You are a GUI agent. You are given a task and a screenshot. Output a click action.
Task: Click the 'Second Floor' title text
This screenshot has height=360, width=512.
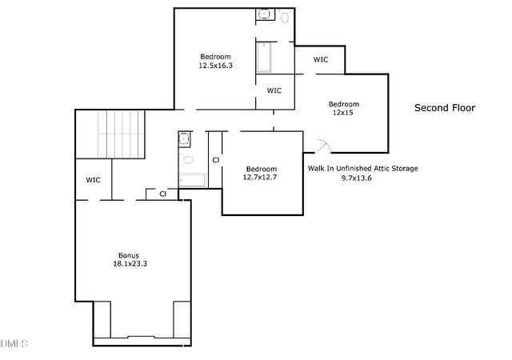click(x=444, y=107)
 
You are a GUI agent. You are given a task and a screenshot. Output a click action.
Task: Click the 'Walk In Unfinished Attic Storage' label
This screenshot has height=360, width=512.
click(x=362, y=169)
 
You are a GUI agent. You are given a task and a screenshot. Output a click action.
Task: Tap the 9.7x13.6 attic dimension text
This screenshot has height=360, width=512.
click(x=356, y=178)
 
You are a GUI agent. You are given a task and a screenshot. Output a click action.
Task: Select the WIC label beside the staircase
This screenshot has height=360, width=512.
click(x=93, y=180)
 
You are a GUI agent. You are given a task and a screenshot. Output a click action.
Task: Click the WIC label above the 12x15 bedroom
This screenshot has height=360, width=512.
click(x=320, y=59)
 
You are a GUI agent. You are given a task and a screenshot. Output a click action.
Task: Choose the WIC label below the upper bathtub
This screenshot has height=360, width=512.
click(x=274, y=90)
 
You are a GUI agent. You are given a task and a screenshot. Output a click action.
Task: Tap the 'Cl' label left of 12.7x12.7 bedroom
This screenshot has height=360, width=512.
click(x=215, y=160)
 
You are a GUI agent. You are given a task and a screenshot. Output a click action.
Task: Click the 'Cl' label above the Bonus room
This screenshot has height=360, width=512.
click(x=162, y=194)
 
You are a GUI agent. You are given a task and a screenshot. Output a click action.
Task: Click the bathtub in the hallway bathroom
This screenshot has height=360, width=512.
click(x=192, y=182)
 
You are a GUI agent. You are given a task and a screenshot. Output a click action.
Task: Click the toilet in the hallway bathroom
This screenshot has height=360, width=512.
click(x=188, y=159)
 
